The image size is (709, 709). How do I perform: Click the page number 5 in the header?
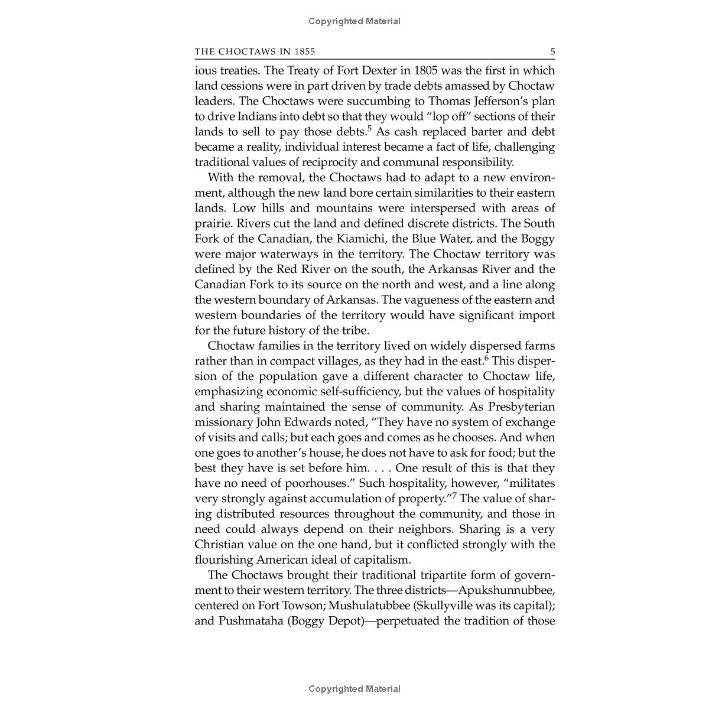552,52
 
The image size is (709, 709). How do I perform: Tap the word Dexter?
375,70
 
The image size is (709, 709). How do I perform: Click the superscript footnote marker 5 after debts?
369,128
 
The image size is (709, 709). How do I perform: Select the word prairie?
214,223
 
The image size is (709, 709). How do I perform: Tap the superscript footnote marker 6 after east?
486,358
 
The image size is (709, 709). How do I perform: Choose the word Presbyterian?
521,407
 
